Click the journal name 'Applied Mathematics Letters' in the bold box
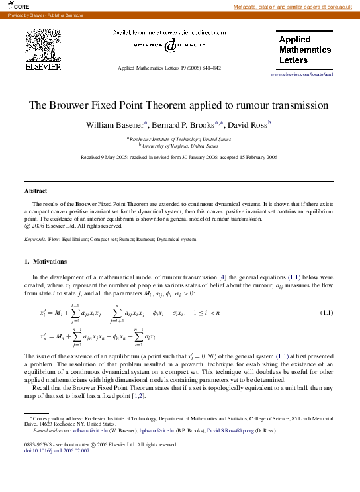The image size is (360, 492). pos(304,50)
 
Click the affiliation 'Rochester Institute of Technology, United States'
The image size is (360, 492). pos(179,140)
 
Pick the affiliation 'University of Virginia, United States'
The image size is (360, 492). pos(179,146)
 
